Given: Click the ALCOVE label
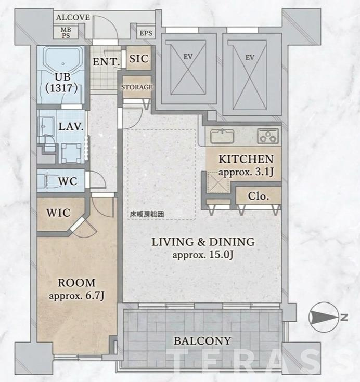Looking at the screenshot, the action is coord(73,17).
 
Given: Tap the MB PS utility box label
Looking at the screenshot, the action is coord(66,33).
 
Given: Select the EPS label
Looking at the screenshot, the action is coord(146,33).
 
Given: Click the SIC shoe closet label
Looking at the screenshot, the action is coord(138,59).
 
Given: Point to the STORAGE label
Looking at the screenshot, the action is coord(137,87).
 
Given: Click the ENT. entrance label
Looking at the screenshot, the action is coord(106,62).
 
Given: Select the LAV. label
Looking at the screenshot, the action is coord(71,126).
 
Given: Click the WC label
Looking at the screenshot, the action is coord(68,181).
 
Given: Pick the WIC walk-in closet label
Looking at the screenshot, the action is coord(58,213).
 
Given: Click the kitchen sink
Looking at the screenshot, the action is coord(222,136).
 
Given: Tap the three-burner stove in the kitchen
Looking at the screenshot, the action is coord(268,136).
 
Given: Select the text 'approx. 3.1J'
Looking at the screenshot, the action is coord(246,172).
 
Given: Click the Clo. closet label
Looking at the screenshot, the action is coord(258,196).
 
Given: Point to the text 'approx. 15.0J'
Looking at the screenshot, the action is coord(203,255).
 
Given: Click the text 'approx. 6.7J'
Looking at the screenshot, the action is coord(76,296).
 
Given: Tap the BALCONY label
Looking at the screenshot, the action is coord(202,341).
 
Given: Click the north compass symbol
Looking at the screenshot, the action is coord(324,317).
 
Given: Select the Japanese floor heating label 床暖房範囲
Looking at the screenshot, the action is coord(147,214).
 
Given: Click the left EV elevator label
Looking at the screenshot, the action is coord(188,57).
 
